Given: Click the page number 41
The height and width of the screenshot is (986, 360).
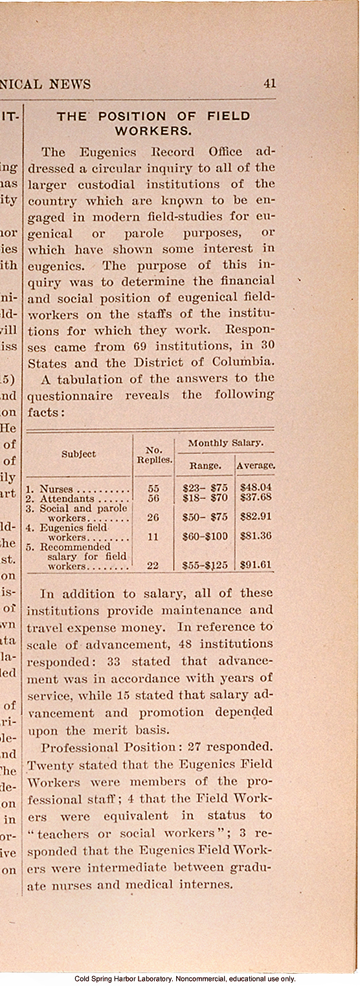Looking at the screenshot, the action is coord(269,84).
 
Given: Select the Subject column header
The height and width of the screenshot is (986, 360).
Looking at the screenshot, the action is coord(78,454).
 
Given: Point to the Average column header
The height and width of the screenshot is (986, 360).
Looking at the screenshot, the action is coord(255,465).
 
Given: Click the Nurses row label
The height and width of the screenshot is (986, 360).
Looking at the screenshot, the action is coord(56,489).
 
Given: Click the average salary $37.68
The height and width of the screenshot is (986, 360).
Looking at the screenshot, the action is coord(255,498).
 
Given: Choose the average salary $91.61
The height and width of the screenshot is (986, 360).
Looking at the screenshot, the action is coord(255,565).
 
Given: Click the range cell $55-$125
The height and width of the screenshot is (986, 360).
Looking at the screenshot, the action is coord(205,565).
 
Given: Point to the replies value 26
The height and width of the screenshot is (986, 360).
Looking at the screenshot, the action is coord(153,517).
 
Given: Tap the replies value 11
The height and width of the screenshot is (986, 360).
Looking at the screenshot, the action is coord(153,537).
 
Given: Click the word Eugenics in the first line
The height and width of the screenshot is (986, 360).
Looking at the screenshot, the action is coord(107,153).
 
